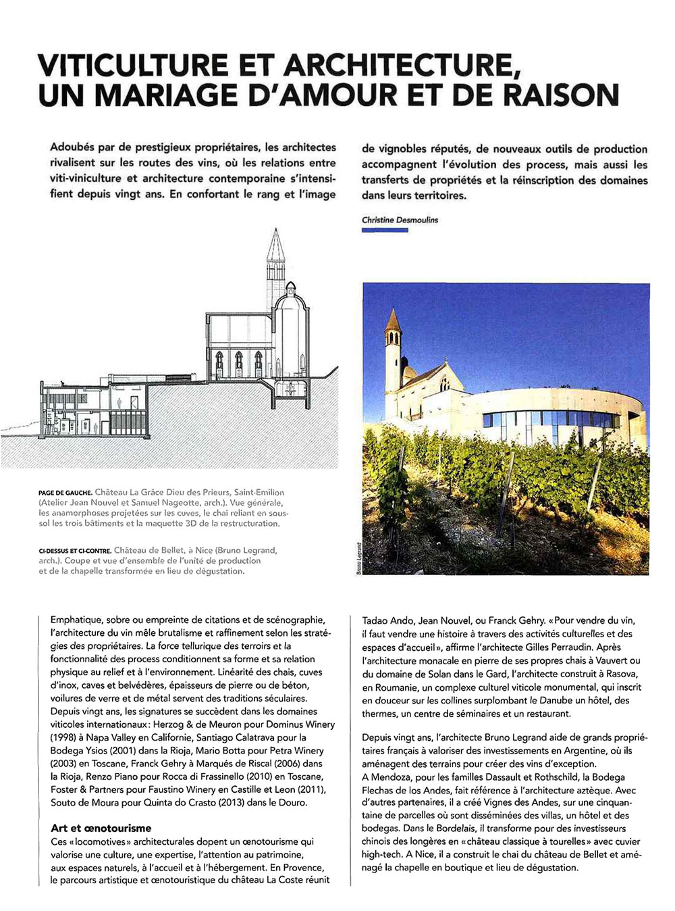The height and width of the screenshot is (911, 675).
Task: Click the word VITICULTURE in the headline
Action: click(134, 65)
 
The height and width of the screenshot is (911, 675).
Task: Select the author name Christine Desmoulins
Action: click(400, 220)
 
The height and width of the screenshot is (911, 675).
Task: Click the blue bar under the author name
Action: click(385, 230)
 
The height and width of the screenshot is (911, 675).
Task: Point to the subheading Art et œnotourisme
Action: click(101, 828)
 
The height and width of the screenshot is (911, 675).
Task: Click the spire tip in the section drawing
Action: click(275, 231)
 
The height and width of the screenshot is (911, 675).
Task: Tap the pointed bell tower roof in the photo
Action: click(393, 320)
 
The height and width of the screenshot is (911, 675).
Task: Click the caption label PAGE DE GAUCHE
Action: click(65, 493)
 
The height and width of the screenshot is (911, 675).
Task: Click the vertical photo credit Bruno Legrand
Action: click(358, 558)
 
